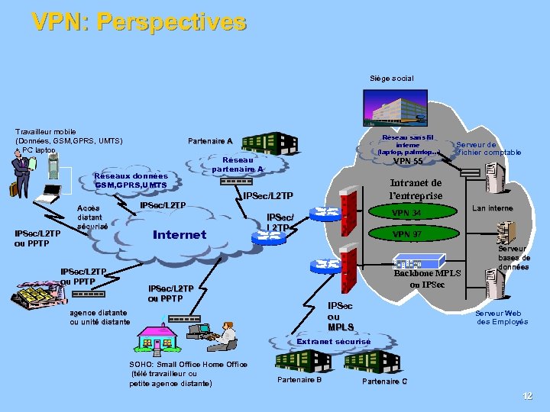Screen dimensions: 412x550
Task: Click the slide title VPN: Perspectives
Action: (139, 21)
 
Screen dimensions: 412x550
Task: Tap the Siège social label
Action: (391, 79)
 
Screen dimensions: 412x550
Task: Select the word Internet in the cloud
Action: (180, 234)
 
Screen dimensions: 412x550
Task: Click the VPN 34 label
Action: (406, 213)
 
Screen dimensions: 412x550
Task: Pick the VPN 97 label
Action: (406, 233)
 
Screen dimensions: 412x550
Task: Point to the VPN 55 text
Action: (407, 161)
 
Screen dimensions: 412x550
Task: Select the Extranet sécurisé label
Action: (333, 341)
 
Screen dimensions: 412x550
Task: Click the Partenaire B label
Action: (299, 379)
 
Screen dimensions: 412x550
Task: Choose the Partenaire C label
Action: (384, 381)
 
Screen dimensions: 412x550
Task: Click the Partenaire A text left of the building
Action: (210, 140)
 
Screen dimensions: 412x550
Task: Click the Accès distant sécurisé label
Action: (92, 217)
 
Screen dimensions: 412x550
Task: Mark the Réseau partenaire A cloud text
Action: (238, 164)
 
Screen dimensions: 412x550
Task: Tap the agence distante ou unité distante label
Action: (99, 317)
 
